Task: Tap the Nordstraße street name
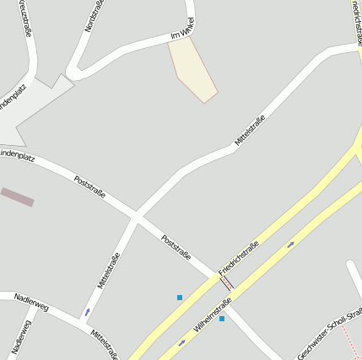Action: coord(92,18)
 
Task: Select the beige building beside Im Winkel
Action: coord(192,69)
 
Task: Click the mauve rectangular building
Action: coord(17,197)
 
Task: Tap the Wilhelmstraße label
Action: coord(213,314)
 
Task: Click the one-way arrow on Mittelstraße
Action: coord(87,313)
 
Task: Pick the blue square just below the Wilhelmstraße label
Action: coord(222,319)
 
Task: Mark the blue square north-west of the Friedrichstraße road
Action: coord(180,298)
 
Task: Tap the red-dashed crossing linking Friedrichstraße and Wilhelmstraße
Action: coord(226,282)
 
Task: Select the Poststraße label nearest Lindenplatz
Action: coord(89,187)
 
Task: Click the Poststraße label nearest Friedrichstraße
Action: coord(176,247)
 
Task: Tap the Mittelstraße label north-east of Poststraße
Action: coord(250,131)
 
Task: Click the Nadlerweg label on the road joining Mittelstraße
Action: coord(31,303)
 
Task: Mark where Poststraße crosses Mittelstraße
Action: coord(135,217)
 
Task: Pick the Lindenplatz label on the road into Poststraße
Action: coord(17,153)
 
